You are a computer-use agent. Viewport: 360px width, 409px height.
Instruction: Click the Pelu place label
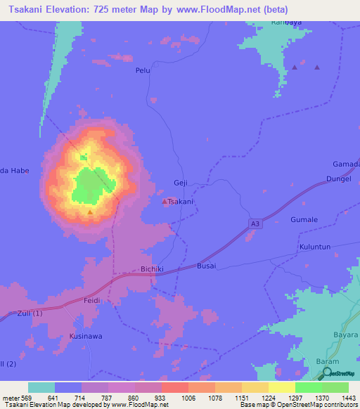click(x=143, y=71)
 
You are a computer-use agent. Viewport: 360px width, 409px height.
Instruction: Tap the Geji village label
click(x=180, y=183)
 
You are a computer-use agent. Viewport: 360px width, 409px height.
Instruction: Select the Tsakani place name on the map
click(x=181, y=202)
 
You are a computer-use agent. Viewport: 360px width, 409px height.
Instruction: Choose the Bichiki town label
click(x=153, y=268)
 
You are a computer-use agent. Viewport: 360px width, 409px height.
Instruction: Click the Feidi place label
click(x=91, y=300)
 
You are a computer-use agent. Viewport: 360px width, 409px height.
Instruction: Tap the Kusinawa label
click(x=85, y=337)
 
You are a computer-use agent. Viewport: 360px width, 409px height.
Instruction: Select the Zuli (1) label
click(x=30, y=313)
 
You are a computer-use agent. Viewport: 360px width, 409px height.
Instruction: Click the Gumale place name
click(x=304, y=220)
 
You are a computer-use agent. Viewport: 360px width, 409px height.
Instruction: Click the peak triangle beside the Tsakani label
click(x=165, y=202)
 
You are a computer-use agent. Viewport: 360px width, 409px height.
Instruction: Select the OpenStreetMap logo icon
click(x=328, y=374)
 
